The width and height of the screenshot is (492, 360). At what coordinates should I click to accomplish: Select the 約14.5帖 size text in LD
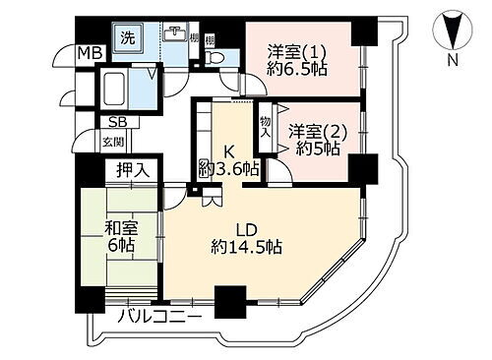[x=246, y=248]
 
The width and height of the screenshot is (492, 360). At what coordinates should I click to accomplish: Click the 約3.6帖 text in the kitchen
[x=228, y=170]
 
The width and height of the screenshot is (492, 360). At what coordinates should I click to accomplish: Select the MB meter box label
[x=90, y=53]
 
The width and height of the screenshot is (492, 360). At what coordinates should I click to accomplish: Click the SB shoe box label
[x=116, y=123]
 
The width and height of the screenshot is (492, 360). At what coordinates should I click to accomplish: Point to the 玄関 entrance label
[x=113, y=142]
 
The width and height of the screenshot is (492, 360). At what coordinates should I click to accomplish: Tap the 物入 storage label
[x=265, y=126]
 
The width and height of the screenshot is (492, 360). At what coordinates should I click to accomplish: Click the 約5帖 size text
[x=317, y=150]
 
